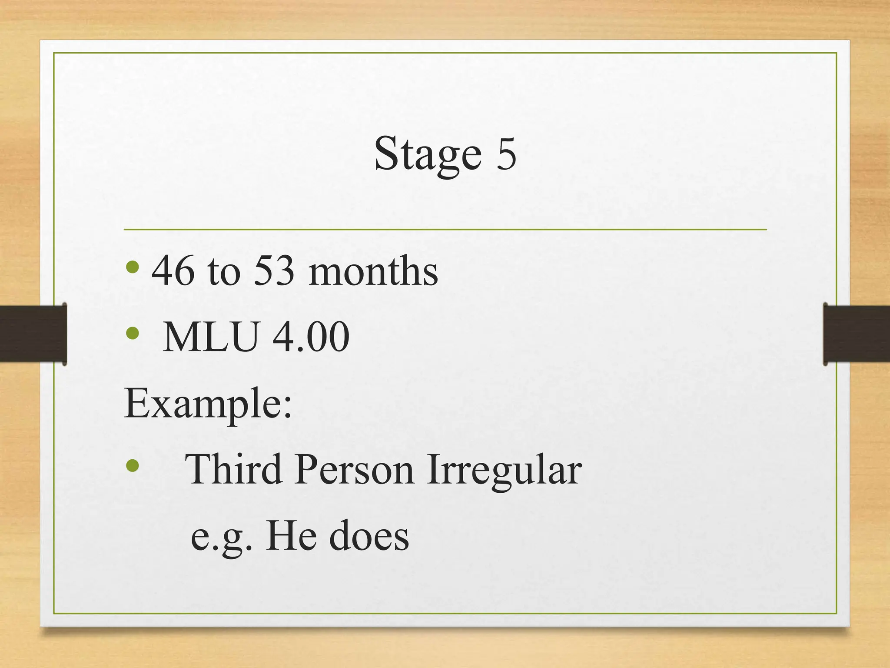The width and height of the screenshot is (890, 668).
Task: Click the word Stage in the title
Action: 428,154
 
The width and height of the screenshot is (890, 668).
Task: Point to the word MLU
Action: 210,337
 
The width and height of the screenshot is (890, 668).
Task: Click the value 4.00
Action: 311,337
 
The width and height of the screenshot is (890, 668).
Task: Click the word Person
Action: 354,470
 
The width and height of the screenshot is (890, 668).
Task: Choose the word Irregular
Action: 504,470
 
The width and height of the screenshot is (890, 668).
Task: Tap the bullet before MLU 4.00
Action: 132,334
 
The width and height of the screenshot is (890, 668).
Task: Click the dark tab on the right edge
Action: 857,334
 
